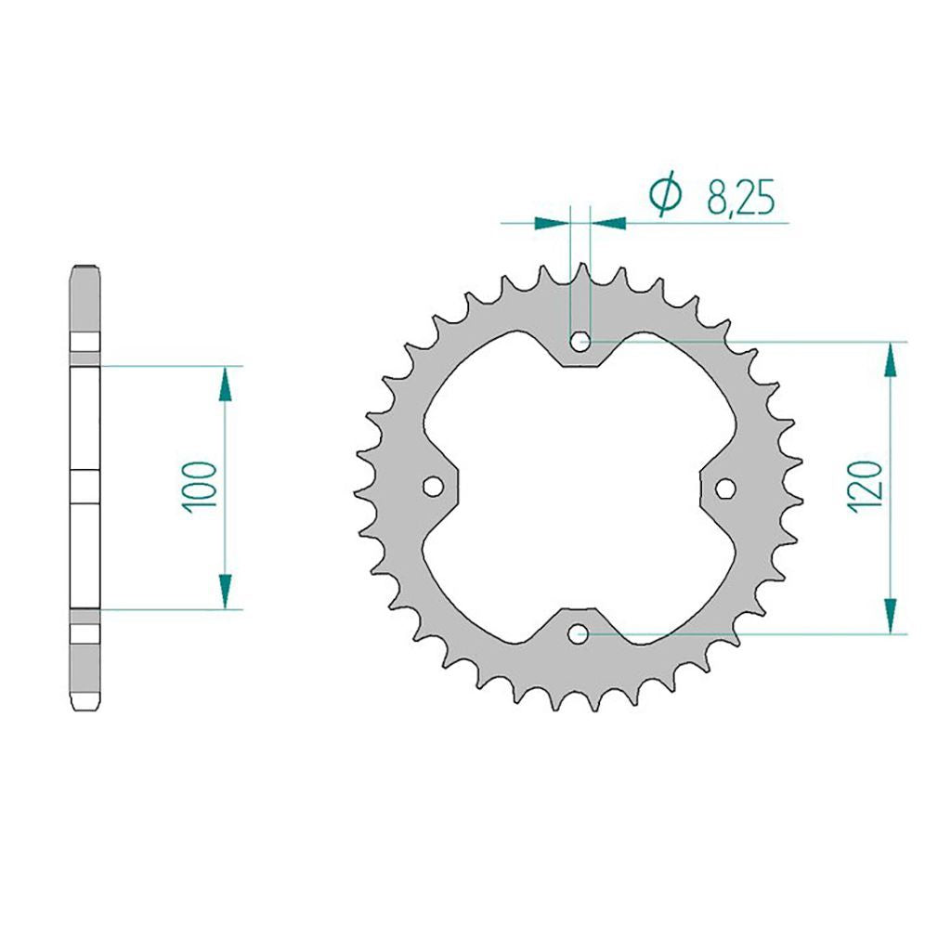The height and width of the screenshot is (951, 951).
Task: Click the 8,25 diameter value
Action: pos(740,198)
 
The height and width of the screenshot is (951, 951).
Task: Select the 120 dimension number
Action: pos(864,487)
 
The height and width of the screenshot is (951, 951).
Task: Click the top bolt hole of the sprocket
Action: pos(580,342)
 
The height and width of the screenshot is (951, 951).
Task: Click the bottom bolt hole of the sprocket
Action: pos(578,634)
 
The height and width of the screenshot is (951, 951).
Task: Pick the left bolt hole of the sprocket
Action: pos(433,487)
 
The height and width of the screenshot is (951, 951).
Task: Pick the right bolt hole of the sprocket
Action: pos(726,489)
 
